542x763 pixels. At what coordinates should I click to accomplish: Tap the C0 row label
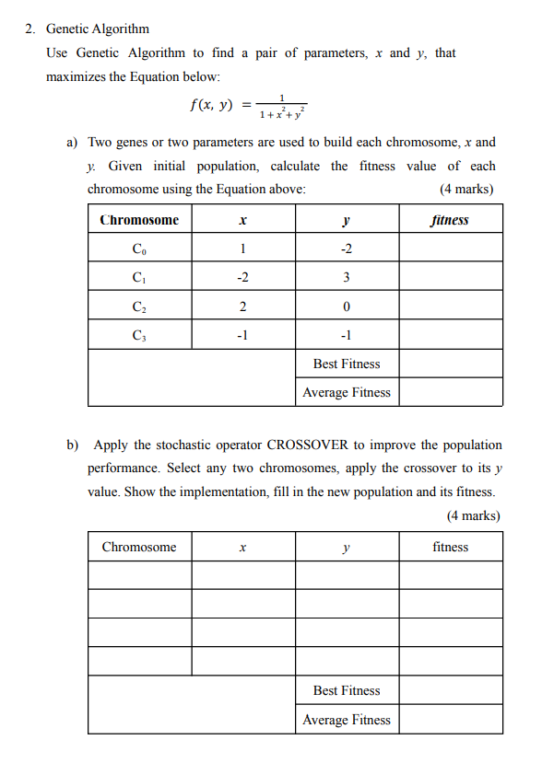pos(139,249)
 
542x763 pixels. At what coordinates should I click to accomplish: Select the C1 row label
pos(139,277)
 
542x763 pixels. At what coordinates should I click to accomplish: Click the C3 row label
pos(139,335)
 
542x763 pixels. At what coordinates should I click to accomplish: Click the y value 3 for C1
pos(347,277)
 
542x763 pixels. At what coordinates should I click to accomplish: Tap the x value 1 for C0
pos(242,249)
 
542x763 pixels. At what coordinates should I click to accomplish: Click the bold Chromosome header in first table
pos(139,220)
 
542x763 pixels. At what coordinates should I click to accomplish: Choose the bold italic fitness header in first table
pos(450,220)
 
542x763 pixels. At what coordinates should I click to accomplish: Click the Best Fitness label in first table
pos(347,364)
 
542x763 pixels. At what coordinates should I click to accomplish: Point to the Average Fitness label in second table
pos(347,720)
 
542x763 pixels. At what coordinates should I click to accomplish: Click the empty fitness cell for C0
pos(451,249)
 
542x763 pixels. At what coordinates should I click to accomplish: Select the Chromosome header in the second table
pos(139,547)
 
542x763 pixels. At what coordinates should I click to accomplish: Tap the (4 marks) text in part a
pos(467,190)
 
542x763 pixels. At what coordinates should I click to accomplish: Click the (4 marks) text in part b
pos(473,515)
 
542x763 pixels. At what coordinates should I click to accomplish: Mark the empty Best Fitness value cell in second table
pos(451,690)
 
